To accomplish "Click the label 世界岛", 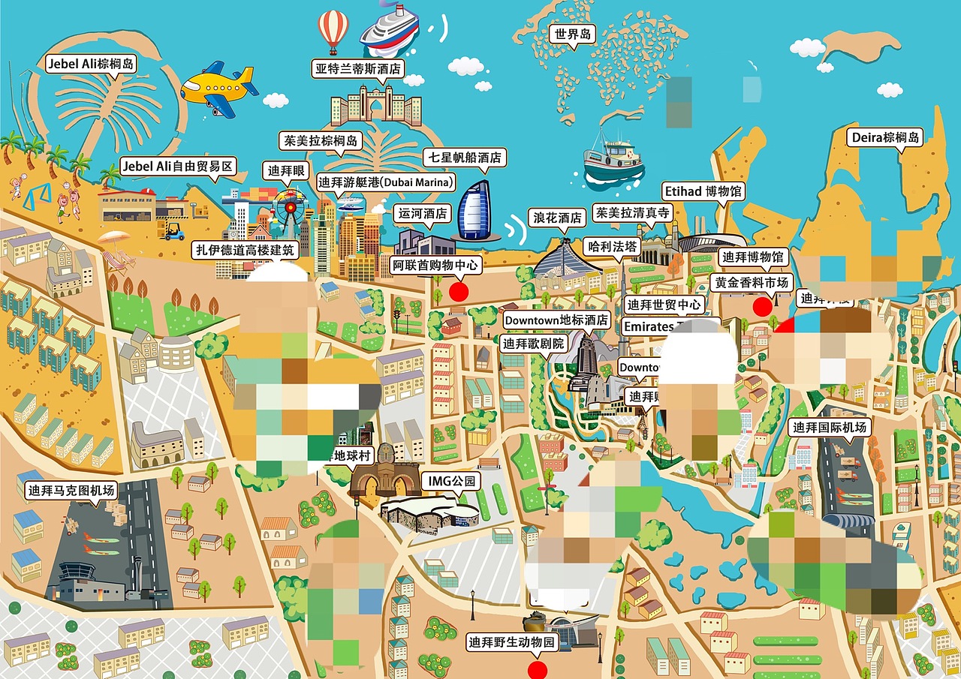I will tap(572, 34).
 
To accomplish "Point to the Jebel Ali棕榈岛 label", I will tap(91, 64).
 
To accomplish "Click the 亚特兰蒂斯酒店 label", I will tap(357, 69).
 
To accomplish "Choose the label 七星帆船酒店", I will tap(462, 158).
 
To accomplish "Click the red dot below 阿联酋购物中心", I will tap(458, 291).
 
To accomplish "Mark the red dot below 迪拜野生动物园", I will tap(537, 670).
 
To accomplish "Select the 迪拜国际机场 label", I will tap(830, 428).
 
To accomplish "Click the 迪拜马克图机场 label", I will tap(71, 491).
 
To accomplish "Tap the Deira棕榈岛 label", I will tap(885, 138).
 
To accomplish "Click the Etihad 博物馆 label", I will tap(703, 191).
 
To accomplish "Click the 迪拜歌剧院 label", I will tap(534, 344).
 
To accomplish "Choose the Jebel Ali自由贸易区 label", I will tap(179, 166).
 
